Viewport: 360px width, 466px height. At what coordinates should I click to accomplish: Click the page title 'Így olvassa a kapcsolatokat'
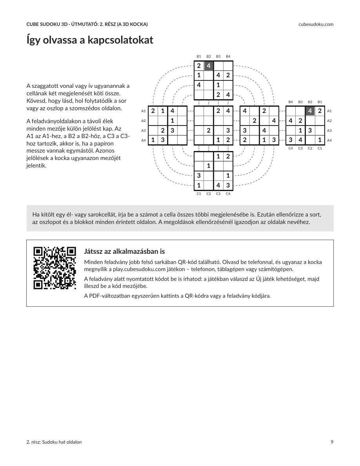90,40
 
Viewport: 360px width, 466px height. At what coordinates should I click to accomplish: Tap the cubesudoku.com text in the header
316,24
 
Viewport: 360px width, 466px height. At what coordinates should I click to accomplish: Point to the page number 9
332,442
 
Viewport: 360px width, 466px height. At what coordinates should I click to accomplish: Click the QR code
55,268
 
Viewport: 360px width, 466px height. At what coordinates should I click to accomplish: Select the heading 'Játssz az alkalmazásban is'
124,251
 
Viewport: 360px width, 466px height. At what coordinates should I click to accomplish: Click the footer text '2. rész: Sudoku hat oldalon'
54,442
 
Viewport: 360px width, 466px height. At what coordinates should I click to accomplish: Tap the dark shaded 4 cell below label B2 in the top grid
209,66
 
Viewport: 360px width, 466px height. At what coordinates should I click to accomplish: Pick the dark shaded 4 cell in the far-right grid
310,111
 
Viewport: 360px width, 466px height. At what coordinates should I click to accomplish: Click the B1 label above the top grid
199,56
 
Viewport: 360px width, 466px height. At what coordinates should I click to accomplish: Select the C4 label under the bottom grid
228,194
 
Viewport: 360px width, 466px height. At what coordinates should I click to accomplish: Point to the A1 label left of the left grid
144,111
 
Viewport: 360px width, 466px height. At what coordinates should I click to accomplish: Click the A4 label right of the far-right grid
329,140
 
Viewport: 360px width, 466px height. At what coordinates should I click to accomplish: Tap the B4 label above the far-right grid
291,102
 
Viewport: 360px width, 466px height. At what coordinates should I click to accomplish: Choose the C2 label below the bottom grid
209,194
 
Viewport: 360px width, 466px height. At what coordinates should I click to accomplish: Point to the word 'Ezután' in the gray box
265,215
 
